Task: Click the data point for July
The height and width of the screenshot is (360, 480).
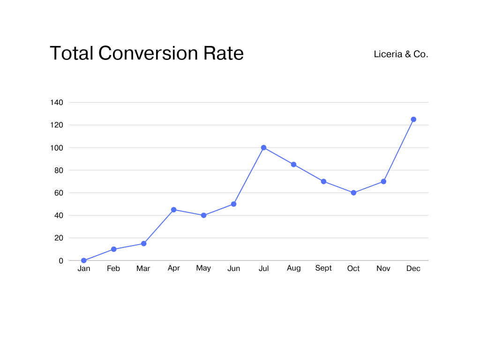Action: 263,148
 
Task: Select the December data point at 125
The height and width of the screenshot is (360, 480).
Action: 413,120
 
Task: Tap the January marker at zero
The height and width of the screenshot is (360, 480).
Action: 83,261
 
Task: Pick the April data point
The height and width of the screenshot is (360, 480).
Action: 173,210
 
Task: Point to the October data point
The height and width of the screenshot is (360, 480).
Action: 353,193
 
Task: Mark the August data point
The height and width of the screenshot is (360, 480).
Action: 293,165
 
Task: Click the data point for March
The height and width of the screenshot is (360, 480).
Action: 143,244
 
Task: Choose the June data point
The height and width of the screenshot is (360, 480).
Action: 233,204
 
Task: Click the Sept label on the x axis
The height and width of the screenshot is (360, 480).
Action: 323,268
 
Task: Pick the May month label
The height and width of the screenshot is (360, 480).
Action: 203,268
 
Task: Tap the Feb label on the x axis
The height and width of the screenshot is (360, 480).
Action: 113,269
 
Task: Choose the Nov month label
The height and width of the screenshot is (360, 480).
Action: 383,269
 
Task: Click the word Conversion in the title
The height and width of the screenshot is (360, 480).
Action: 148,53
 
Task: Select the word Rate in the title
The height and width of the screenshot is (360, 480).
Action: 223,53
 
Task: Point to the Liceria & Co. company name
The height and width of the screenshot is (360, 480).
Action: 401,54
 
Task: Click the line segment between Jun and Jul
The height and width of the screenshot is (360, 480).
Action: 248,176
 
